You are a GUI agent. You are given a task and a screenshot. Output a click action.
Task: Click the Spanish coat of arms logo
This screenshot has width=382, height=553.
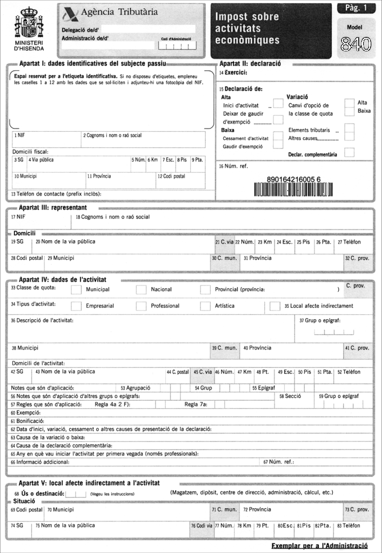[x=29, y=22]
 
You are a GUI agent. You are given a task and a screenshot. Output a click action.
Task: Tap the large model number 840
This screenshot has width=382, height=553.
[x=356, y=46]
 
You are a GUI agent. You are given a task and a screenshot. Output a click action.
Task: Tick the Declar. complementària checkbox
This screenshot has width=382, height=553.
[x=349, y=153]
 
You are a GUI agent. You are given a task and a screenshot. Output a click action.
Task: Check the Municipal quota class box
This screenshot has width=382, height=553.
[x=76, y=290]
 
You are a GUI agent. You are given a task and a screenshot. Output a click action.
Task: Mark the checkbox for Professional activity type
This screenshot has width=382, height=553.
[x=141, y=306]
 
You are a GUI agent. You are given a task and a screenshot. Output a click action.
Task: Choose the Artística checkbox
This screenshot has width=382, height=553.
[x=205, y=306]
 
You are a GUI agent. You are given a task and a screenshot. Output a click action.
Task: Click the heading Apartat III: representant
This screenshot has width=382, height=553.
[x=52, y=207]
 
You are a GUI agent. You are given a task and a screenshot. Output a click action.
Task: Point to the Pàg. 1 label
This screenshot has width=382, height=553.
[x=356, y=8]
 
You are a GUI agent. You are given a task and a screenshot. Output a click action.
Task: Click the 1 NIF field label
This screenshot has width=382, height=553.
[x=19, y=136]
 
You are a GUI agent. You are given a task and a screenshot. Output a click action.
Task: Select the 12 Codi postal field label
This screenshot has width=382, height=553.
[x=171, y=176]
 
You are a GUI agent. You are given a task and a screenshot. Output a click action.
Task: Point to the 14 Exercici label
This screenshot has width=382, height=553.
[x=233, y=72]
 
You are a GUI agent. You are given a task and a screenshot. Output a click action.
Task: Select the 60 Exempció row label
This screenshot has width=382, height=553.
[x=22, y=413]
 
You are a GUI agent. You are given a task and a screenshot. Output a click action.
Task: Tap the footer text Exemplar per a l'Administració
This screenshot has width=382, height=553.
[x=323, y=545]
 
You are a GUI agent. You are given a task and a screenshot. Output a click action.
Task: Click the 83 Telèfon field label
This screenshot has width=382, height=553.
[x=348, y=525]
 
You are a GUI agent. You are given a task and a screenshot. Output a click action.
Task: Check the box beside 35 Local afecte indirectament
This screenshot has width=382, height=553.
[x=275, y=306]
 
